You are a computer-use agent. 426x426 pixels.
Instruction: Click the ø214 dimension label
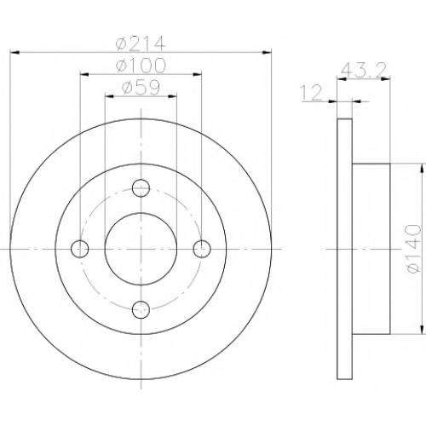click(x=141, y=43)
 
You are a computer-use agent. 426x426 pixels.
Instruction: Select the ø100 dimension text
click(x=141, y=65)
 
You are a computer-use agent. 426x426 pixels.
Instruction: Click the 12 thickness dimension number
click(x=312, y=93)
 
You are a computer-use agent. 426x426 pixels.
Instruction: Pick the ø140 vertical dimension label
click(x=413, y=249)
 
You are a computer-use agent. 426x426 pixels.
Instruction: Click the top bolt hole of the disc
click(x=141, y=188)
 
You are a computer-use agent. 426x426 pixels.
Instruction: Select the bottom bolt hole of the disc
click(x=141, y=310)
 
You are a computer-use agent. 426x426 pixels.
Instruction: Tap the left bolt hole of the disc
click(x=80, y=249)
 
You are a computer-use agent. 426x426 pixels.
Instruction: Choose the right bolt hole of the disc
click(x=202, y=249)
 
